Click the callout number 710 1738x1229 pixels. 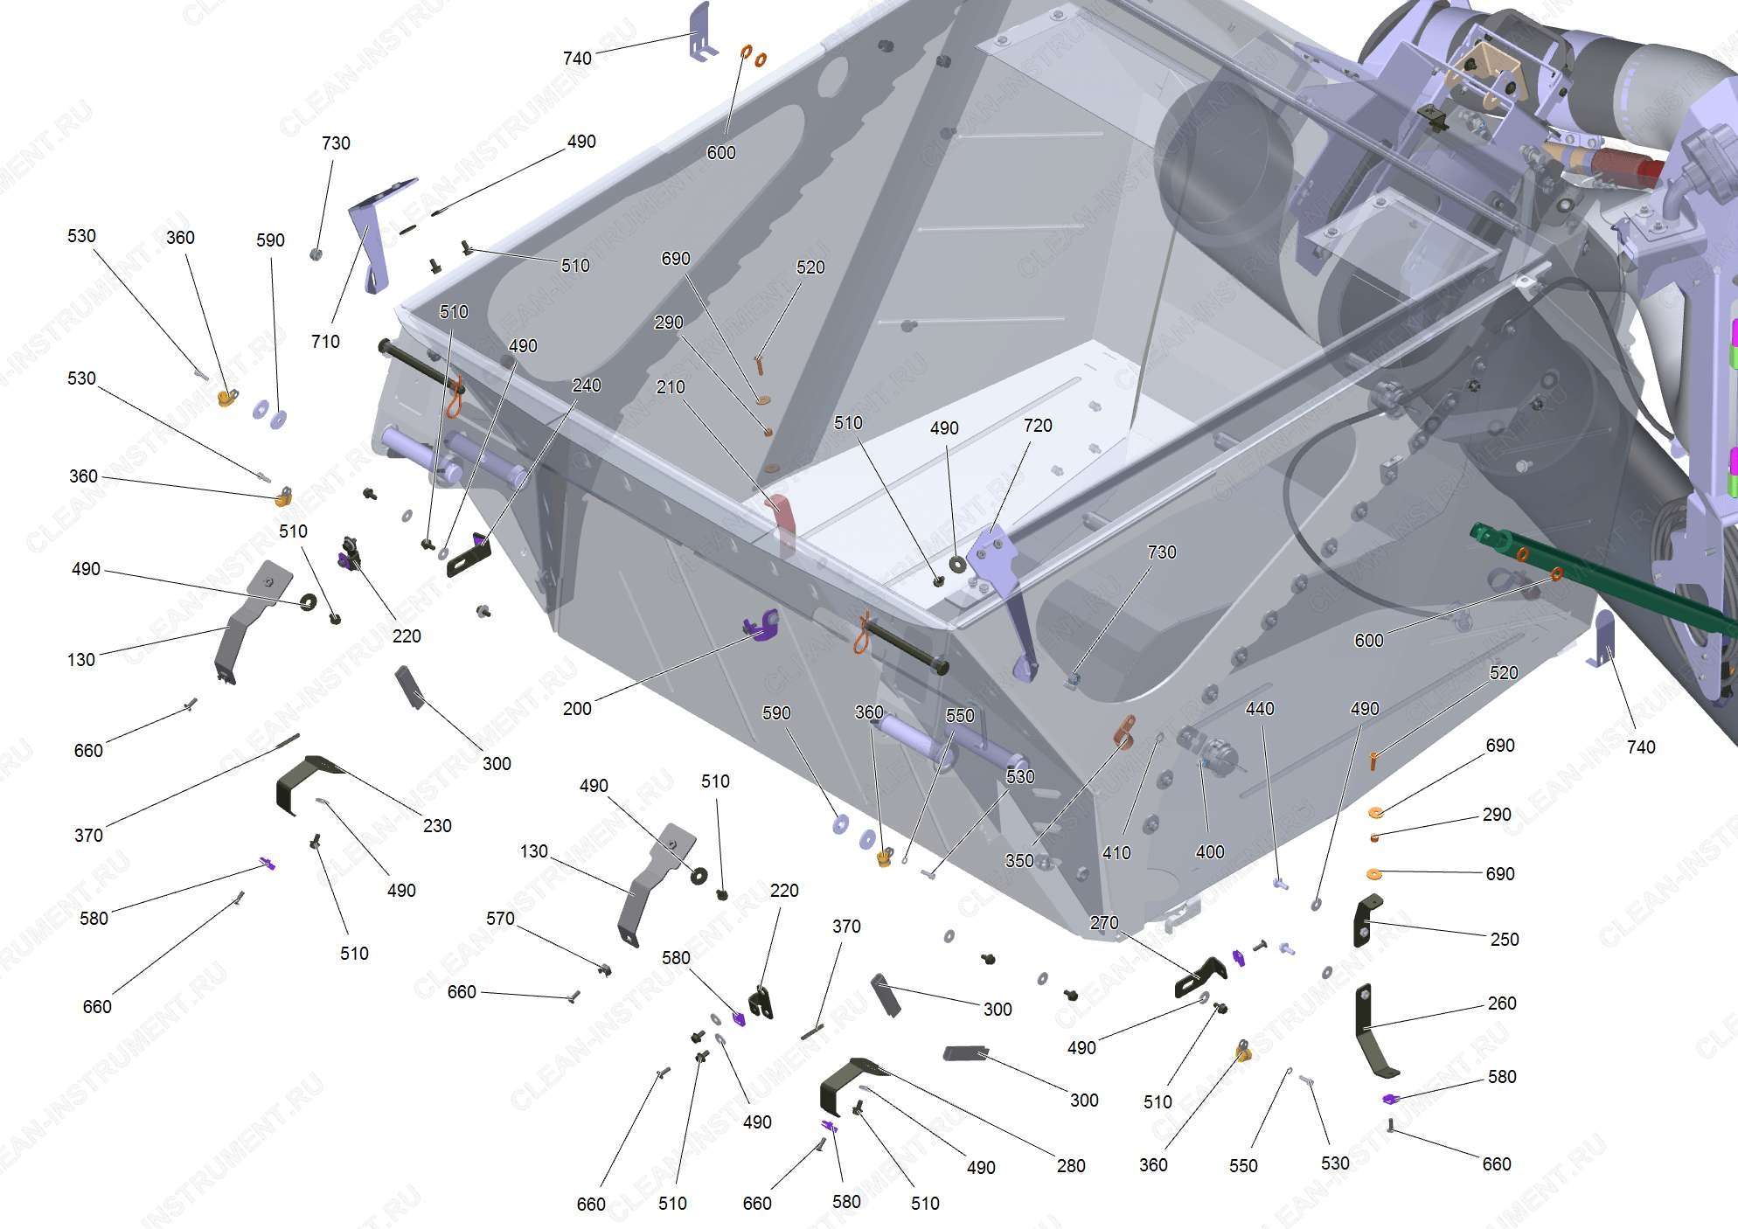pyautogui.click(x=325, y=342)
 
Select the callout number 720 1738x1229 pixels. pyautogui.click(x=1038, y=426)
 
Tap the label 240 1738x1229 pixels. pyautogui.click(x=586, y=385)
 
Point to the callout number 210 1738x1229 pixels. pyautogui.click(x=671, y=387)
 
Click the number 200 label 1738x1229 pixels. pyautogui.click(x=577, y=709)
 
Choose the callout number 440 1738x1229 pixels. pyautogui.click(x=1260, y=709)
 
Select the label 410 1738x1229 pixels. pyautogui.click(x=1116, y=852)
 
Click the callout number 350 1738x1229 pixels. pyautogui.click(x=1019, y=861)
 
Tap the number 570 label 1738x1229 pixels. pyautogui.click(x=500, y=919)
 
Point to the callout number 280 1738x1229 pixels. pyautogui.click(x=1071, y=1166)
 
